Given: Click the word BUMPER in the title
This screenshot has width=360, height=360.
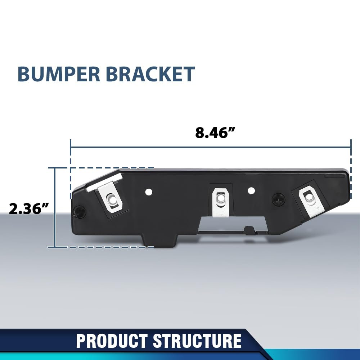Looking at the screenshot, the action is (59, 74).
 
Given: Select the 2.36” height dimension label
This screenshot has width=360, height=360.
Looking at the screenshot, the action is (29, 208).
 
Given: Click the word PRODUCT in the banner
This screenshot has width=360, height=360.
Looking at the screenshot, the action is (112, 341).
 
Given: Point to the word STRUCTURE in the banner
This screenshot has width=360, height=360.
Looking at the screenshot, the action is (197, 341).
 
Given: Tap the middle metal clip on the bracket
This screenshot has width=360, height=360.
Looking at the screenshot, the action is (220, 202).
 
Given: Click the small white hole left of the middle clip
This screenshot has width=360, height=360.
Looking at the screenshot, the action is (149, 192).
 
